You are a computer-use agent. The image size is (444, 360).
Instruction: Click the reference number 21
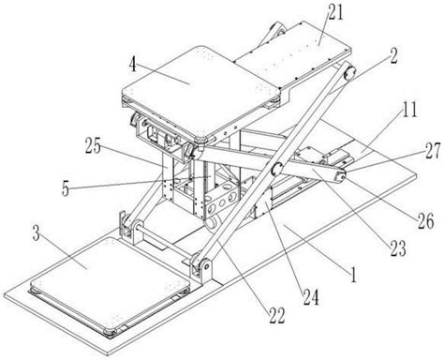334,13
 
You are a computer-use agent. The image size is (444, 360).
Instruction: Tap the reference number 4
133,65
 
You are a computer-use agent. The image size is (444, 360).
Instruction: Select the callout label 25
94,146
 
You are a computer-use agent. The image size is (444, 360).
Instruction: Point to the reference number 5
65,188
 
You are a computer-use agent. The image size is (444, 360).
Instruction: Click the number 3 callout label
37,233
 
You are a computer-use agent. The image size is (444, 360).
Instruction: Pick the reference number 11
409,110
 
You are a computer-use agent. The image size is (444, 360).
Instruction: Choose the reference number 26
426,221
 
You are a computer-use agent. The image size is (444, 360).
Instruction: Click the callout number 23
398,248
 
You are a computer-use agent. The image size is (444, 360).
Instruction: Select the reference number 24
311,297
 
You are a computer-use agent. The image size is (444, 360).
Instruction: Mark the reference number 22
276,315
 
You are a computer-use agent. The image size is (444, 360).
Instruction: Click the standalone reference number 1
353,275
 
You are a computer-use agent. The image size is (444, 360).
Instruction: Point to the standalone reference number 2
392,56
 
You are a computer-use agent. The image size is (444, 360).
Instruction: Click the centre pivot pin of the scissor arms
277,169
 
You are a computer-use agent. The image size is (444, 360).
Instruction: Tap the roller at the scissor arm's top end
349,74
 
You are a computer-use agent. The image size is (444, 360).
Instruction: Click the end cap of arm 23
340,176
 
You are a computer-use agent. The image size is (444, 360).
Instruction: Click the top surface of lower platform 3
110,282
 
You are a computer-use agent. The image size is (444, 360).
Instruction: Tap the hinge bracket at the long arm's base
202,268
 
